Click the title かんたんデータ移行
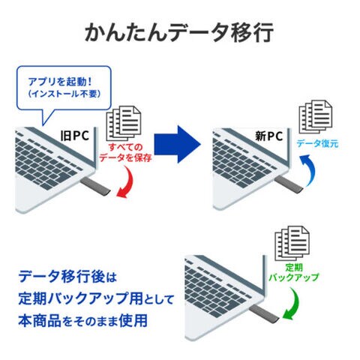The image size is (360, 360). tap(179, 33)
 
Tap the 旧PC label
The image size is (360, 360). tap(75, 136)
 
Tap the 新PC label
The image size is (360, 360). tap(268, 136)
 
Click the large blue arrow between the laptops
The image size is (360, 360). tap(177, 144)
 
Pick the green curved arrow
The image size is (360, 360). tap(295, 304)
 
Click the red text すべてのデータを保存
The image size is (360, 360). tap(125, 152)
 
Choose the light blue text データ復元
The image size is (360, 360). tap(317, 144)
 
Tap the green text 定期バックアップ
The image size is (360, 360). tap(294, 272)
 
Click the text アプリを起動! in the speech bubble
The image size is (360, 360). tap(60, 82)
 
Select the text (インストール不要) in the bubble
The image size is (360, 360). tap(64, 94)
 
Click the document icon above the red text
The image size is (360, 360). tap(124, 123)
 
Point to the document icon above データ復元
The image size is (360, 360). tap(316, 117)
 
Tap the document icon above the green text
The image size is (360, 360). tap(292, 243)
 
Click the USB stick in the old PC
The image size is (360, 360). tap(96, 186)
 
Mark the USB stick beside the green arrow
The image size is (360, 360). tap(264, 312)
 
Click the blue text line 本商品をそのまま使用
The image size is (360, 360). tap(82, 321)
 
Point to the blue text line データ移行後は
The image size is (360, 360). tap(67, 277)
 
